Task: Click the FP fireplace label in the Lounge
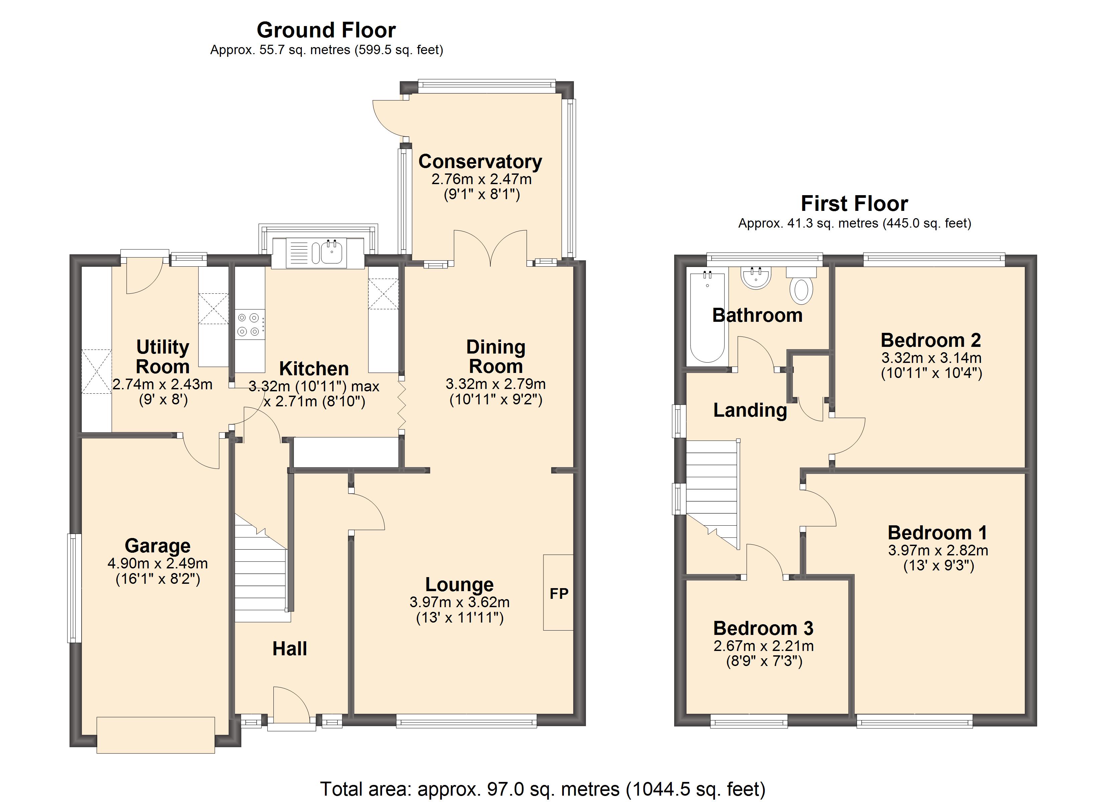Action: coord(559,593)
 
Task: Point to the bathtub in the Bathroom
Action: coord(708,317)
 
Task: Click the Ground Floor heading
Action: coord(326,30)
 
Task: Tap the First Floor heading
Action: coord(854,203)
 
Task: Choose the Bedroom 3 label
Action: coord(763,628)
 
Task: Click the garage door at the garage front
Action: coord(156,735)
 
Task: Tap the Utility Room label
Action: coord(162,357)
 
